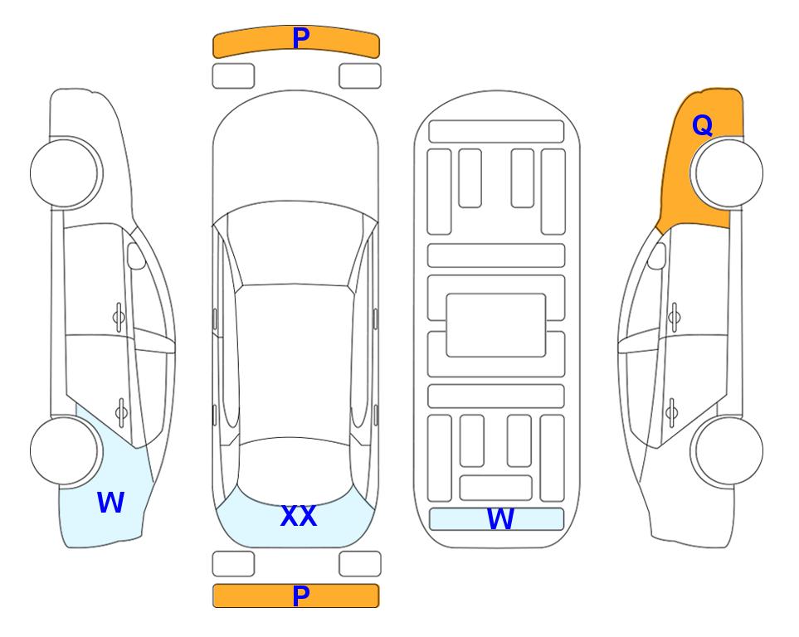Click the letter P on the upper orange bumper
(x=301, y=38)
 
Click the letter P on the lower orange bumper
(x=301, y=596)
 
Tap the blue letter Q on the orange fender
(x=702, y=125)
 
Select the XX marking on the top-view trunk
(x=299, y=516)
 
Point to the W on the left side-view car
(x=110, y=503)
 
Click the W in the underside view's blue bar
(x=500, y=518)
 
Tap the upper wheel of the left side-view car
(x=66, y=173)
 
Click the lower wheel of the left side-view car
(x=66, y=450)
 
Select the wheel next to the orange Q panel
(x=727, y=173)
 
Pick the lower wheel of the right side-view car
(x=727, y=450)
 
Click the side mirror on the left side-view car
(x=136, y=255)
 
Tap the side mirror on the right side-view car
(x=656, y=255)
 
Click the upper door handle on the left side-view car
(x=119, y=318)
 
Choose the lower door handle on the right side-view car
(x=672, y=412)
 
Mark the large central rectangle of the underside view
(x=496, y=325)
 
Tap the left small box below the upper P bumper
(x=233, y=76)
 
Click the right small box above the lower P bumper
(x=360, y=564)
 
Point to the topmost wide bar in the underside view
(x=496, y=132)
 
